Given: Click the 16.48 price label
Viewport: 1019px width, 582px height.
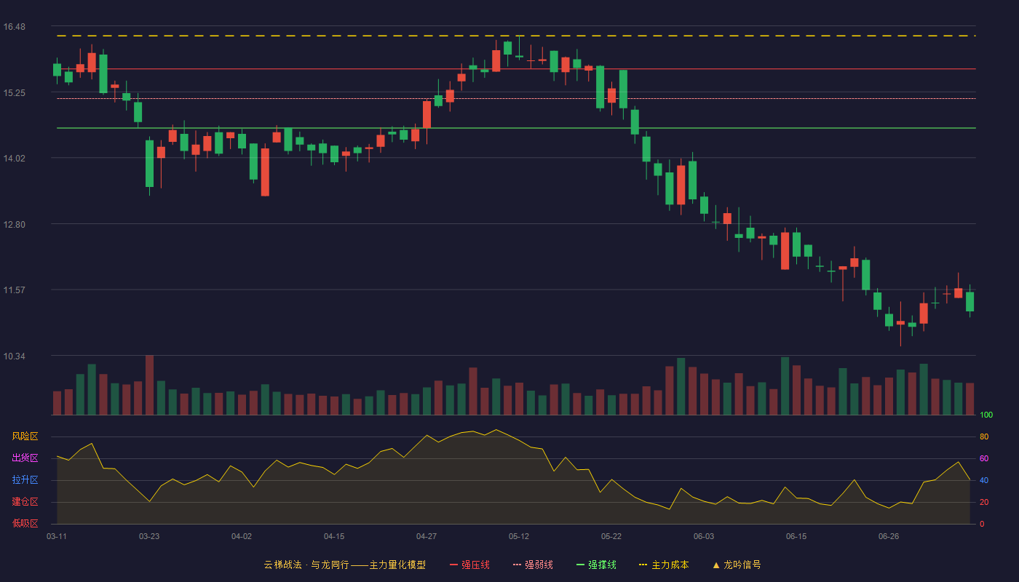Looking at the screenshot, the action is (14, 27).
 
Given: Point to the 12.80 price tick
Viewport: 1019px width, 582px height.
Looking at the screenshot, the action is (14, 225).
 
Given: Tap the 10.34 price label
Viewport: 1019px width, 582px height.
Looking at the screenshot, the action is (14, 356).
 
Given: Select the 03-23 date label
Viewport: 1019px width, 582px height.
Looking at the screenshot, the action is (149, 537).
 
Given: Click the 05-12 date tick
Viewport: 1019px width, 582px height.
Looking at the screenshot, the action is (519, 537).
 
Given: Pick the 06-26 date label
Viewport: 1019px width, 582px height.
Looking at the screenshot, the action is (889, 537).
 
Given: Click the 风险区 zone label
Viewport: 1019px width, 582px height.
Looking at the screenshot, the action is (25, 436).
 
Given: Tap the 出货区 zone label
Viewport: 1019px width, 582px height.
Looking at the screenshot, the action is (25, 458).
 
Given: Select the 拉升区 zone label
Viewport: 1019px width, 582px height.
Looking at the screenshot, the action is (25, 479).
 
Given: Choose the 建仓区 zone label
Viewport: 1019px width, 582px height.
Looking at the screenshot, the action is (25, 501).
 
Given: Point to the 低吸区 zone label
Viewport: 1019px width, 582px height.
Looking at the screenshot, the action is (25, 523).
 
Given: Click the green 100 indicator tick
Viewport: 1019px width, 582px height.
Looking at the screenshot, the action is (986, 415).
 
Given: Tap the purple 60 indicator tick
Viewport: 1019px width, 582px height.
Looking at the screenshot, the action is (984, 458).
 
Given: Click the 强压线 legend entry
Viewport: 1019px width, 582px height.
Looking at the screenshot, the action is (469, 565).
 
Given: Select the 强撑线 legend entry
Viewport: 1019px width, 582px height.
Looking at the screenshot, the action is (596, 565).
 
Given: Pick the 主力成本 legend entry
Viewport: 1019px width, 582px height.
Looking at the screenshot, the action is (664, 565).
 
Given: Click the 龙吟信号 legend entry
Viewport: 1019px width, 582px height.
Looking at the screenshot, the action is (737, 565).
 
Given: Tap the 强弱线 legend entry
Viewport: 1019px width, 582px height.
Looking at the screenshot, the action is (533, 565).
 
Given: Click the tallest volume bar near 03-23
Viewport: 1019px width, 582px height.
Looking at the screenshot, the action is (150, 385).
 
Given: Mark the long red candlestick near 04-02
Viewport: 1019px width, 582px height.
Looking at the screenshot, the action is (265, 172).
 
